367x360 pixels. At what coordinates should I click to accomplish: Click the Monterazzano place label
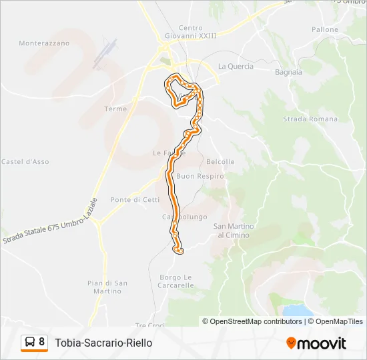coord(44,43)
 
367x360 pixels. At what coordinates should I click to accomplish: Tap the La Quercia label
coord(236,66)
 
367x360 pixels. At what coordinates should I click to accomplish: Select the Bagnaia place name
coord(288,72)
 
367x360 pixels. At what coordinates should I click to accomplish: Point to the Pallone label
coord(325,30)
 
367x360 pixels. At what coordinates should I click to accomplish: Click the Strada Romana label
coord(310,119)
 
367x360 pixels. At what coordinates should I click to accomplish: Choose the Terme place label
coord(115,109)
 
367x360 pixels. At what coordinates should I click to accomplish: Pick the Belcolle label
coord(220,162)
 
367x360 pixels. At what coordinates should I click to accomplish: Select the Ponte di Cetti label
coord(135,199)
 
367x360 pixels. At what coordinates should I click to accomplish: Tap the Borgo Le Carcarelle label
coord(177,281)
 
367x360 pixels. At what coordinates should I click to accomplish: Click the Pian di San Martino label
coord(107,287)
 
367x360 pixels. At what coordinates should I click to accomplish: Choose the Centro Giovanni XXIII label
coord(190,32)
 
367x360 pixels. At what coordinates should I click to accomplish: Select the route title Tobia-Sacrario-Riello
coord(103,343)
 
